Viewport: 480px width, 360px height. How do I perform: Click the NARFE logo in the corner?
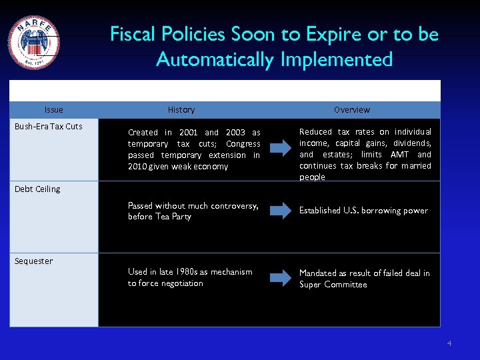click(x=33, y=43)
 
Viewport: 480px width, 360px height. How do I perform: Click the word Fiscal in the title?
click(x=130, y=34)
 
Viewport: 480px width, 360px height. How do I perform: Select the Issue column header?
click(x=53, y=110)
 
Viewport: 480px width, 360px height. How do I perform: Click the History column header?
click(x=181, y=110)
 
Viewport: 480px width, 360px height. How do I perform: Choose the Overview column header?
click(x=351, y=110)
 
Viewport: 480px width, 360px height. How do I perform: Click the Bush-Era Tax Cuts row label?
click(x=49, y=127)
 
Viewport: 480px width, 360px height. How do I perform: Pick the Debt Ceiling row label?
click(x=37, y=189)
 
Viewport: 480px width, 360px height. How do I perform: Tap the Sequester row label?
click(x=34, y=261)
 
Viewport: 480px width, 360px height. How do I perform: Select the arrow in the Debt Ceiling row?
click(x=280, y=211)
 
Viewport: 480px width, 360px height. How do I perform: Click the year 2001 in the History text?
click(x=189, y=133)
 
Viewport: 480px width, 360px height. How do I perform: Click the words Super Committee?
click(x=333, y=285)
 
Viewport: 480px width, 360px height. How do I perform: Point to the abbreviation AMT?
click(x=399, y=155)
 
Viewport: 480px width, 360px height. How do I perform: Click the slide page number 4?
click(x=449, y=344)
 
